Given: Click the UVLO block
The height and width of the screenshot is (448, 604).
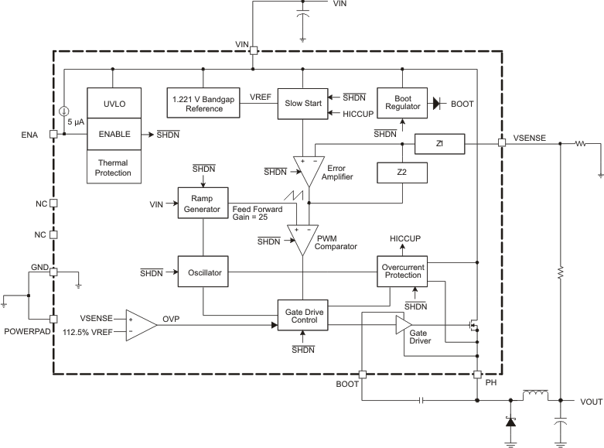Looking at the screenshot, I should click(x=113, y=103).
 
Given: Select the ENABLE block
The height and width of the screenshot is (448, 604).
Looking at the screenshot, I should click(x=113, y=134).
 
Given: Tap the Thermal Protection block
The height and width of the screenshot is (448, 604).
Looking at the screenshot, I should click(x=113, y=167).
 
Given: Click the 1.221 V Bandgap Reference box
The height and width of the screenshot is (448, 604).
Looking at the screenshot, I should click(x=203, y=103).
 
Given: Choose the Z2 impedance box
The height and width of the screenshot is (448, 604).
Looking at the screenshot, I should click(x=401, y=173).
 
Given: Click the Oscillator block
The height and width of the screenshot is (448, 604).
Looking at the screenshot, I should click(x=203, y=272).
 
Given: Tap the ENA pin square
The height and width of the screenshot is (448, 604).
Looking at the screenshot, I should click(x=53, y=134).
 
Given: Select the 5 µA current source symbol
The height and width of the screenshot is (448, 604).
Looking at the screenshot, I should click(x=64, y=112).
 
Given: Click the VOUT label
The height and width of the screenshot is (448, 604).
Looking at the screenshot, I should click(x=589, y=402).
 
